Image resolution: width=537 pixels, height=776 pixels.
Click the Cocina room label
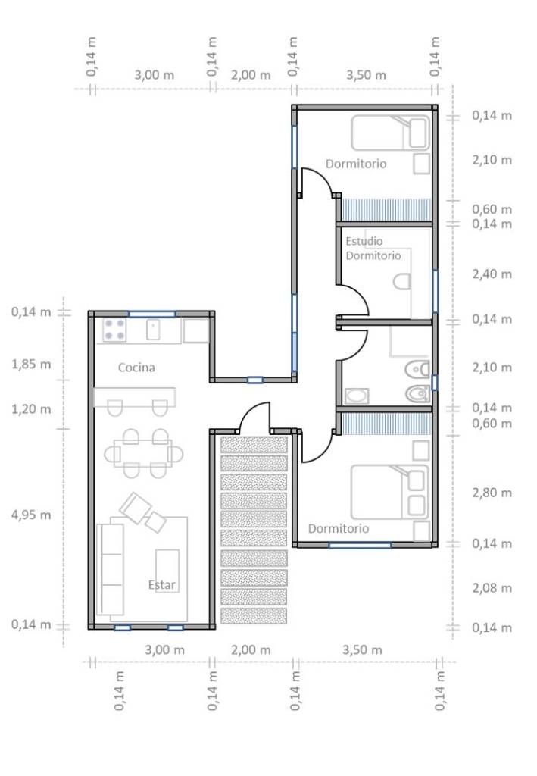point(136,368)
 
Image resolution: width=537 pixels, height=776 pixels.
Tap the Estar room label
point(161,585)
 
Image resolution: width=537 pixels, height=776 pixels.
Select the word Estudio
point(364,241)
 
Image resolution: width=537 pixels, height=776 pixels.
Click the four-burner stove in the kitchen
point(114,330)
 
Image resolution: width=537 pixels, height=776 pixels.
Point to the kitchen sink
point(153,330)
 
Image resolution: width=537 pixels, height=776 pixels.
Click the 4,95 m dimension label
point(30,515)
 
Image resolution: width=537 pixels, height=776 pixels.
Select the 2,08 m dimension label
point(492,588)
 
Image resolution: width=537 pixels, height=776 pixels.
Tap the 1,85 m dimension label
point(30,365)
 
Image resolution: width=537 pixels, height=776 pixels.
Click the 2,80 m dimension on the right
point(492,493)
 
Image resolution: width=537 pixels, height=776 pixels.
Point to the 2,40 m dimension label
point(492,274)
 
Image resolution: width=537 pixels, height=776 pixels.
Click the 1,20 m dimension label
point(30,409)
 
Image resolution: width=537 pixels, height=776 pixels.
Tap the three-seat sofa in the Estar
point(111,569)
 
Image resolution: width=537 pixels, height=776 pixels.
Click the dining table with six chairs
point(143,453)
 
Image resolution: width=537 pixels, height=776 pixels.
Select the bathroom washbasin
point(356,396)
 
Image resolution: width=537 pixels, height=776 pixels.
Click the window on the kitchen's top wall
point(151,314)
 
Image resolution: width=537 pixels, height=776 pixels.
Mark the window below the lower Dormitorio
point(360,546)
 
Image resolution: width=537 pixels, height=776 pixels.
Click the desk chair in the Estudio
point(401,282)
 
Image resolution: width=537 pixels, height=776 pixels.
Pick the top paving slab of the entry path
point(254,444)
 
